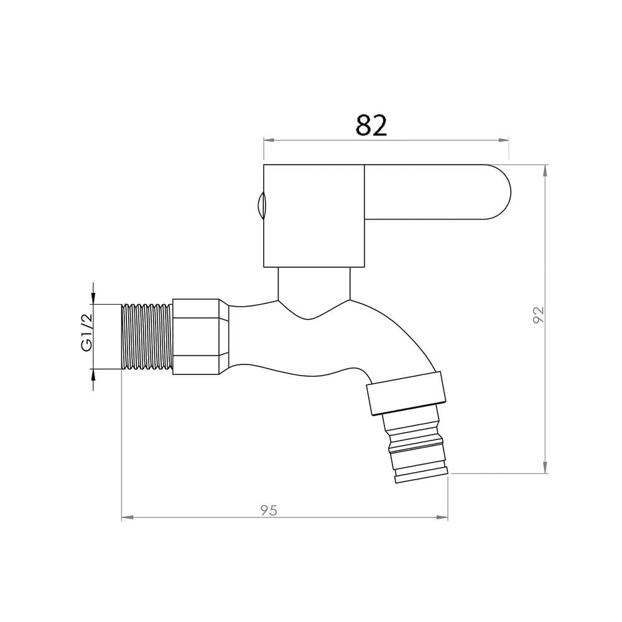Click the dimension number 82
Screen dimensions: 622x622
[x=371, y=126]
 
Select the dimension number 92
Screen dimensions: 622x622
[x=539, y=315]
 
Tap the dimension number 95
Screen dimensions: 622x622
[x=269, y=510]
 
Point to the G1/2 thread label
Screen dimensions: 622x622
[x=87, y=332]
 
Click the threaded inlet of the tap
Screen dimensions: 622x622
[x=147, y=337]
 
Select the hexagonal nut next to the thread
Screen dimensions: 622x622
[x=200, y=337]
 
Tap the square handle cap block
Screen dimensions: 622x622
[x=313, y=216]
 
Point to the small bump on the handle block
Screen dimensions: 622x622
[x=260, y=205]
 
